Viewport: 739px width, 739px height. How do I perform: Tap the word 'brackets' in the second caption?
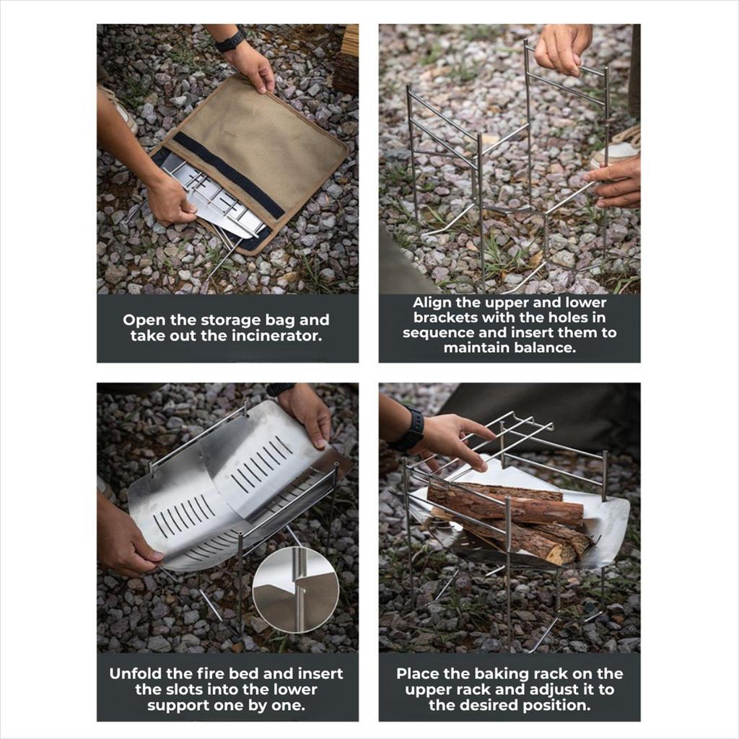446,318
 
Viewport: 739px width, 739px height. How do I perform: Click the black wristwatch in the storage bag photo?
231,39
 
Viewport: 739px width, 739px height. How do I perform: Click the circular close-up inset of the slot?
295,589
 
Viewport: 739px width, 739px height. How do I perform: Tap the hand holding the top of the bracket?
562,47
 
